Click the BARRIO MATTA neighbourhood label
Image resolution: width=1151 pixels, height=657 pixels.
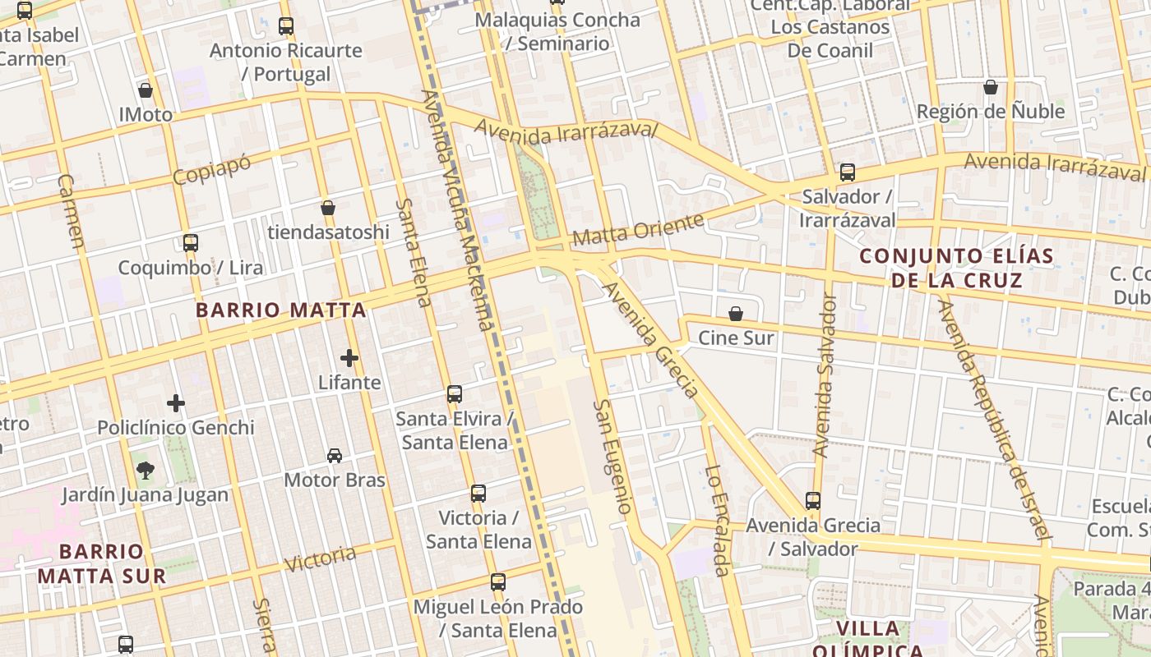pos(281,310)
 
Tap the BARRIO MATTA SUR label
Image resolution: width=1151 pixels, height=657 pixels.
pos(102,563)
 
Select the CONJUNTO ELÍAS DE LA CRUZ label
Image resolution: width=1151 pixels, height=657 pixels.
pos(957,269)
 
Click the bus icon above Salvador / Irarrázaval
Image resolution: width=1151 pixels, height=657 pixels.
pos(848,172)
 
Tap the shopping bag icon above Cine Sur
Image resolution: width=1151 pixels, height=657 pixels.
pos(736,314)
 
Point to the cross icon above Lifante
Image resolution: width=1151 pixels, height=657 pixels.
pos(349,358)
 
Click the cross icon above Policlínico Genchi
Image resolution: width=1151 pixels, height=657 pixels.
pos(176,403)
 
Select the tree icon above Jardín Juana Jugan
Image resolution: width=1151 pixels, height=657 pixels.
pos(146,471)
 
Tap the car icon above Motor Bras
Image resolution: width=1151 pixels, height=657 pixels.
pos(335,455)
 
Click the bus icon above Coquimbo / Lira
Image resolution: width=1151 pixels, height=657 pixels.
pos(191,243)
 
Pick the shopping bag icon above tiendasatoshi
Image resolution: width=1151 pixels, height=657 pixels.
pos(328,208)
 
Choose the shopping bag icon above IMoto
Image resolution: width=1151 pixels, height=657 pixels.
pos(146,90)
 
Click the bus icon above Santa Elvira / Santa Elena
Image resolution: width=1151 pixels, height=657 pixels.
pos(455,394)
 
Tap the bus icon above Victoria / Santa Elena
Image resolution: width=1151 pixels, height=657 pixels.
pos(478,494)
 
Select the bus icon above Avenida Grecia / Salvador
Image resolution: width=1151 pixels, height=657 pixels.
pos(813,500)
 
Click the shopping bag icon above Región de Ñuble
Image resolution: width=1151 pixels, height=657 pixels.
pos(991,87)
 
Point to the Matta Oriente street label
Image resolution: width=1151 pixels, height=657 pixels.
pos(638,230)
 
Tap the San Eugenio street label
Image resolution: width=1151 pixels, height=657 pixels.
pos(613,457)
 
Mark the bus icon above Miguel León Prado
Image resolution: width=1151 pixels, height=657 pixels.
pos(498,582)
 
